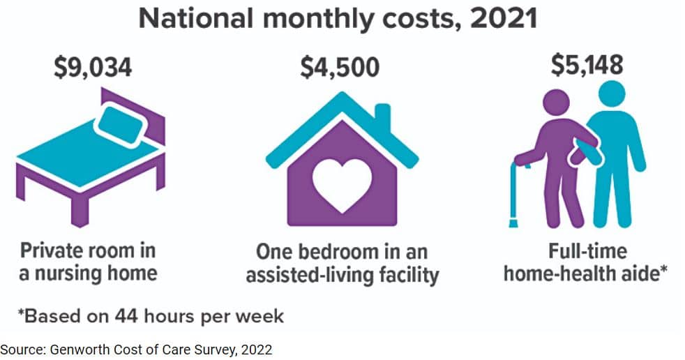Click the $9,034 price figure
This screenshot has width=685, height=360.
coord(93,68)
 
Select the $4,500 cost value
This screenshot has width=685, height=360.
coord(340,68)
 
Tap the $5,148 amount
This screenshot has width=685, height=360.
coord(587,65)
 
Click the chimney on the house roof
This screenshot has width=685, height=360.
coord(383,115)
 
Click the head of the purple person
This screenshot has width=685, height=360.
coord(556,103)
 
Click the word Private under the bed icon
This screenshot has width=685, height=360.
coord(52,250)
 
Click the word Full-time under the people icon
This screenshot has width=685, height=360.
coord(587,251)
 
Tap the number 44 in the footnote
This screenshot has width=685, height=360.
coord(126,316)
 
